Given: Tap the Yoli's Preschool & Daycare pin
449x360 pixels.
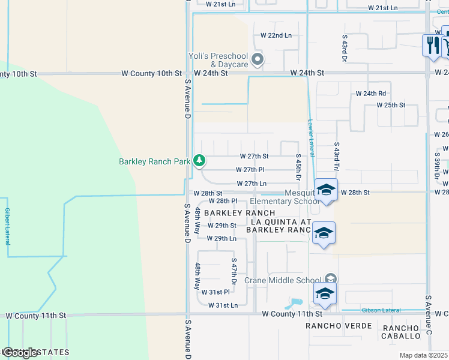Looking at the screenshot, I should coord(258,59).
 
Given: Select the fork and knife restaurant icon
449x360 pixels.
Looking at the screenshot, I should coord(432,44).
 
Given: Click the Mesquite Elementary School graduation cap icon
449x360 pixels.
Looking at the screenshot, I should coord(325,190).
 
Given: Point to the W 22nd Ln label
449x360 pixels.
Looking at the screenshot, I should coord(276,35).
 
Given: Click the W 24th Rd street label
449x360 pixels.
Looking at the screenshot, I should coord(370,94).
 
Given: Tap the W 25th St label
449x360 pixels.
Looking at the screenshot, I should coord(391,105).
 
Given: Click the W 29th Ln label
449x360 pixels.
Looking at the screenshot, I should coord(221,238).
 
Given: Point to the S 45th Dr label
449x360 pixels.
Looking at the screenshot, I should coord(298,167).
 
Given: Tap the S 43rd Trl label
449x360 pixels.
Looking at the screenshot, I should coord(337,158).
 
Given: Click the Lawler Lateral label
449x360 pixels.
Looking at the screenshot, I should coord(311,134).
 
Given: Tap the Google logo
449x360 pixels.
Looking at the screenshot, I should coord(20,353).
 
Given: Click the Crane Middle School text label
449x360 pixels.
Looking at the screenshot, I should coord(283,280).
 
